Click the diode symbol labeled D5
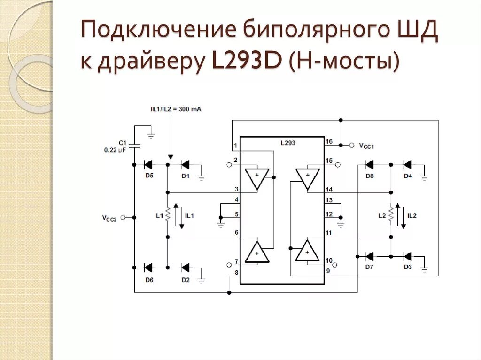147,165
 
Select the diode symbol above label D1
185,165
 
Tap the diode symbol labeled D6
147,268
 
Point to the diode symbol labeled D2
185,268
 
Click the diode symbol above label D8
369,165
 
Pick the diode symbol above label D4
407,165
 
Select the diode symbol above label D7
369,256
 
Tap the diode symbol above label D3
407,256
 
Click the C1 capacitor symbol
134,145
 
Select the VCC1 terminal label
366,146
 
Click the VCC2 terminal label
109,218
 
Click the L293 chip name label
287,143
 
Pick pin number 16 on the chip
329,141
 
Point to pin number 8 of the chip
236,272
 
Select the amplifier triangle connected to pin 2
257,178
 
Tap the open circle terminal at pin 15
338,165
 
